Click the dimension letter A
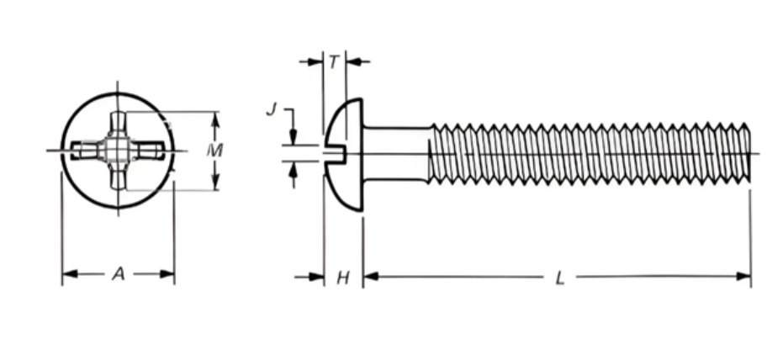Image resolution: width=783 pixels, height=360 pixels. coord(119,273)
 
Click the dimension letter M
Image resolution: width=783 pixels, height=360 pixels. coord(215,151)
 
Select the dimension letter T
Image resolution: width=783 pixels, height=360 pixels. coord(334,61)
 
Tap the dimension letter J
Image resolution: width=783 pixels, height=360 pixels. coord(271,109)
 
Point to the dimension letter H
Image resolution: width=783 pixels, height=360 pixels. coord(342,278)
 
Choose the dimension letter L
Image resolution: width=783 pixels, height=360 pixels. coord(560,278)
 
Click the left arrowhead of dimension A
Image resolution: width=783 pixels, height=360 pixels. coord(70,273)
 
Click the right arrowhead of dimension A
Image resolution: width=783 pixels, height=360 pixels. coord(167,273)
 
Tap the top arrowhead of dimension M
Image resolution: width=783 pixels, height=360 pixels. coord(215,119)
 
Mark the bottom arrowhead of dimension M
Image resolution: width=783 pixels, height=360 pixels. coord(215,183)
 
